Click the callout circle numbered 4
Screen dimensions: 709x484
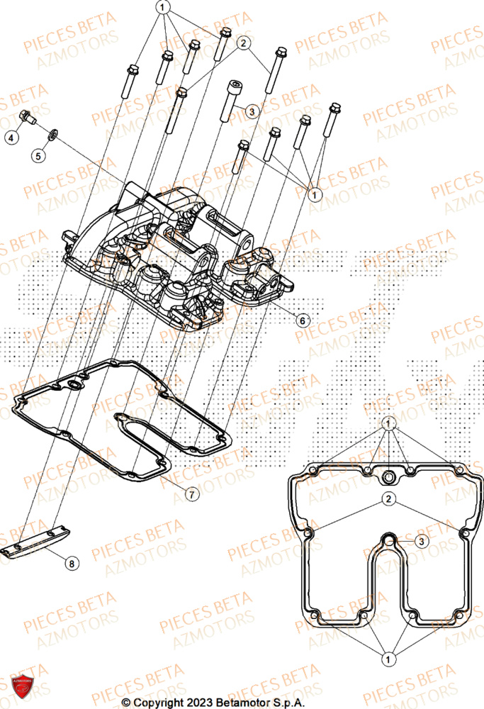click(x=11, y=138)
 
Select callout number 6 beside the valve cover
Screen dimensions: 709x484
click(x=303, y=320)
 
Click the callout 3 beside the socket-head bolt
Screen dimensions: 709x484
click(x=250, y=111)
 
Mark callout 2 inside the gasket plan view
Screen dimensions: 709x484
click(x=388, y=500)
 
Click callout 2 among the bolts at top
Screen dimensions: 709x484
click(x=244, y=44)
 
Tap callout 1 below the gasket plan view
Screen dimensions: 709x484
click(x=388, y=659)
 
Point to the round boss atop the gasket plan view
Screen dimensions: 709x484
click(x=388, y=474)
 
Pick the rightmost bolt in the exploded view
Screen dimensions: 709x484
click(x=331, y=121)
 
